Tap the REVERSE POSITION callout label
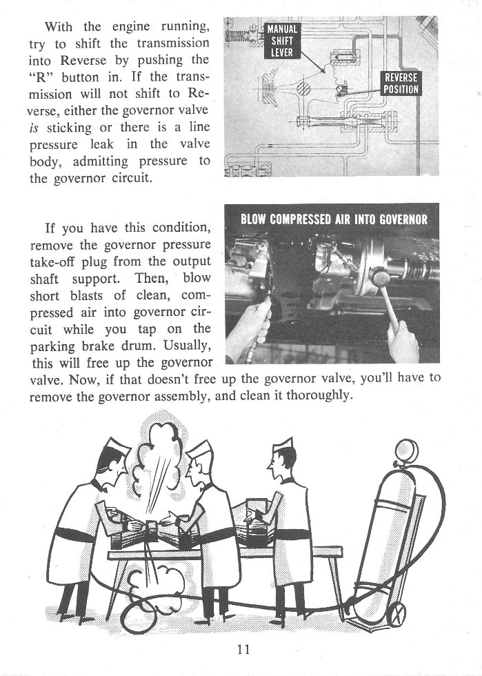401,83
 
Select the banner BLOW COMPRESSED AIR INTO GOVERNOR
334,221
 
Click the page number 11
242,649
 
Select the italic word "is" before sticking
34,127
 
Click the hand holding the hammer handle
403,339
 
